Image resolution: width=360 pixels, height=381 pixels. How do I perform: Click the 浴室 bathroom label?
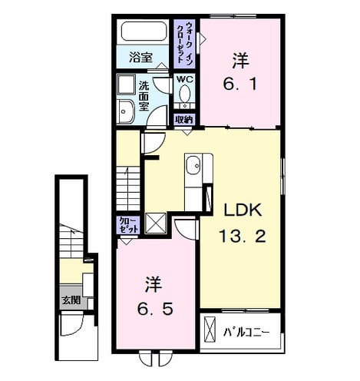pos(140,58)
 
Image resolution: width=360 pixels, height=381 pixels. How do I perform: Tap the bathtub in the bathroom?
pos(144,31)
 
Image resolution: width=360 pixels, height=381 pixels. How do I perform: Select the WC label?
pos(185,79)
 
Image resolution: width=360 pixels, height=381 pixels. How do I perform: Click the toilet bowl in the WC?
pos(184,94)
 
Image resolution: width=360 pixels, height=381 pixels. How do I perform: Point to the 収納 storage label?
pos(183,120)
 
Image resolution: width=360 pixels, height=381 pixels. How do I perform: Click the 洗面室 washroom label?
pos(144,96)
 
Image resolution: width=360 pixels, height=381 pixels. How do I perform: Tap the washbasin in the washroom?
pos(125,112)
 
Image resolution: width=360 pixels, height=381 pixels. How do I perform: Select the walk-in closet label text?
pos(184,42)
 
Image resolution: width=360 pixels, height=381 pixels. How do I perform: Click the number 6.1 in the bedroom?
pos(239,84)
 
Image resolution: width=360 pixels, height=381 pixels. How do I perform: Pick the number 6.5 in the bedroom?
pos(155,309)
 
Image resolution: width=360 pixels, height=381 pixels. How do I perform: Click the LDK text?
pos(243,210)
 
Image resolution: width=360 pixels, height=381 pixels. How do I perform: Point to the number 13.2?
pos(243,236)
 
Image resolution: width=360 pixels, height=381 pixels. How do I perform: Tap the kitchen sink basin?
pos(193,165)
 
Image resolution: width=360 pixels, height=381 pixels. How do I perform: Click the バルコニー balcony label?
pos(246,333)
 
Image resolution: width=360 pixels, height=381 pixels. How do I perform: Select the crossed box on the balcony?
pos(210,330)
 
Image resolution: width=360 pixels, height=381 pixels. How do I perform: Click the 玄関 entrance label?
pos(71,300)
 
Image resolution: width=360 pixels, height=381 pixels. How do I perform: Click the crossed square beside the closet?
pos(155,223)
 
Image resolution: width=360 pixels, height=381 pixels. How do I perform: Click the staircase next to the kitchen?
pos(128,188)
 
